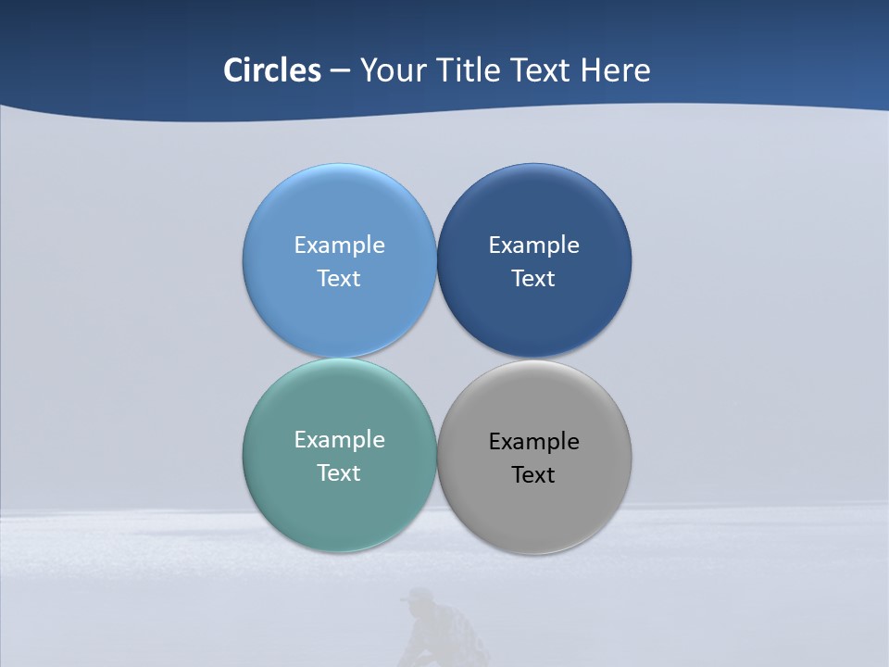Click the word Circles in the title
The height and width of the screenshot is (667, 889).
(x=272, y=70)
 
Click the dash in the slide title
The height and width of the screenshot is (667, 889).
(x=340, y=71)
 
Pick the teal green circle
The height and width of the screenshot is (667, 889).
(x=339, y=510)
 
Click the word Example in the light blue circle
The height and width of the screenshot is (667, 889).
(x=339, y=245)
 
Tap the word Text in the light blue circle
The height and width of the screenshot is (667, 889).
(x=339, y=278)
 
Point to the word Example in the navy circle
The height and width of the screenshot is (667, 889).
(x=534, y=245)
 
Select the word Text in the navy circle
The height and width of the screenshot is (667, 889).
(x=533, y=278)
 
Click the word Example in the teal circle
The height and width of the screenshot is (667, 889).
(x=339, y=440)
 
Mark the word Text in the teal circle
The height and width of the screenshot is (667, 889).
(x=339, y=472)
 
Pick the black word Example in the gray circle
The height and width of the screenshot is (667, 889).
(x=534, y=442)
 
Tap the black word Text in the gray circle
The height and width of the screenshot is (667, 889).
(x=533, y=474)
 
